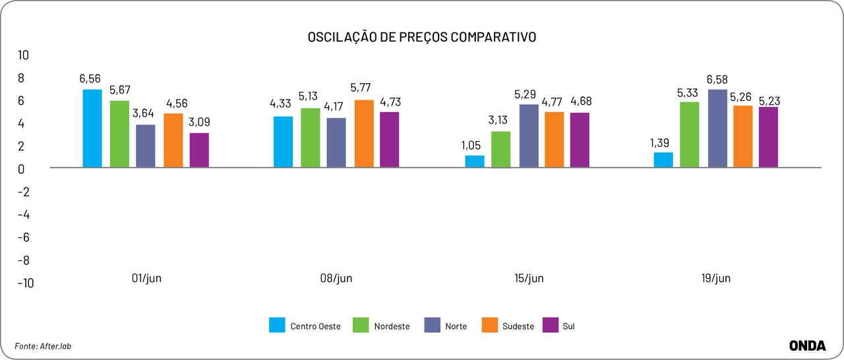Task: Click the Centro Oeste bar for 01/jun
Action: [x=92, y=128]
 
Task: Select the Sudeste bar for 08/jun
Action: [x=363, y=133]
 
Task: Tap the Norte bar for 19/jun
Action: [x=717, y=128]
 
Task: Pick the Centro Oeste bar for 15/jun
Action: [x=475, y=161]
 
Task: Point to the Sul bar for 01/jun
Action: [x=199, y=150]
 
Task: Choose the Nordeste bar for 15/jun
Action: [x=501, y=149]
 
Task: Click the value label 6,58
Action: [x=717, y=80]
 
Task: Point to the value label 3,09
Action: [x=199, y=122]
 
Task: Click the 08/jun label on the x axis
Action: [x=336, y=278]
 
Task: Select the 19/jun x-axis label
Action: [x=716, y=278]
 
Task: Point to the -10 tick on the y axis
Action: [x=24, y=283]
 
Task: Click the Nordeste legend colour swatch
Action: [x=361, y=325]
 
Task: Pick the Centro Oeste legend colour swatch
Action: [x=278, y=325]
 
